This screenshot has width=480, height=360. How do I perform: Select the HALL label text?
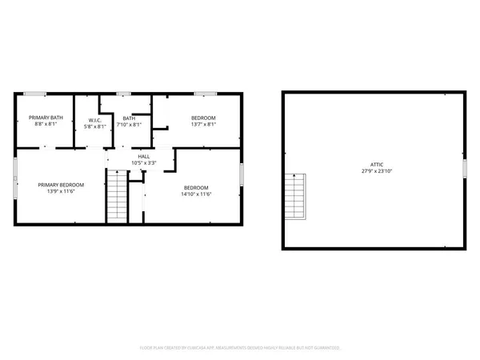tap(145, 156)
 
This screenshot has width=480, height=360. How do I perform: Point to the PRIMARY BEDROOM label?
tap(61, 185)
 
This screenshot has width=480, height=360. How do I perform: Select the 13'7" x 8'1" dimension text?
tap(203, 125)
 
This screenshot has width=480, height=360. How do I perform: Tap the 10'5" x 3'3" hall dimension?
tap(145, 162)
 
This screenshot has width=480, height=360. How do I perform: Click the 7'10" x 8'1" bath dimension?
tap(129, 125)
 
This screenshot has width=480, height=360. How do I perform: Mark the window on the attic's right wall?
tap(464, 169)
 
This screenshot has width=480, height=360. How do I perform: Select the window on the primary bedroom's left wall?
tap(15, 177)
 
